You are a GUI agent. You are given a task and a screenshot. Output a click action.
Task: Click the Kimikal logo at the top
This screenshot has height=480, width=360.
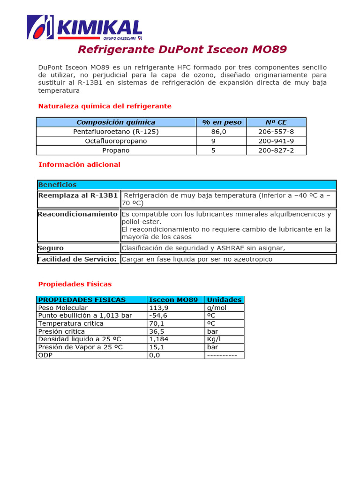[84, 27]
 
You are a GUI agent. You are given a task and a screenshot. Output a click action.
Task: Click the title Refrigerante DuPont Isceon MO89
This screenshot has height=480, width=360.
[182, 50]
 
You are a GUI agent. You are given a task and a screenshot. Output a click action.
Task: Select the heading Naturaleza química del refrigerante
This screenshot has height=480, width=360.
[105, 106]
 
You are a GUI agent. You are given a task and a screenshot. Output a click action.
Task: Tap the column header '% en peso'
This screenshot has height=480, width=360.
[222, 122]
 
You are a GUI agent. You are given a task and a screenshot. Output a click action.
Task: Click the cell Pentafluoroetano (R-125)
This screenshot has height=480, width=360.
[116, 132]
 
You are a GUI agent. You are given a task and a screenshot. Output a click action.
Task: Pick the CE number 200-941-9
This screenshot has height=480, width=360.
[276, 141]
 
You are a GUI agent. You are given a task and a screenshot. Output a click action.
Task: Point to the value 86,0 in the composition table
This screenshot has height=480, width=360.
[218, 132]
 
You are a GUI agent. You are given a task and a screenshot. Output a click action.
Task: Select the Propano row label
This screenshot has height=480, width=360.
[116, 150]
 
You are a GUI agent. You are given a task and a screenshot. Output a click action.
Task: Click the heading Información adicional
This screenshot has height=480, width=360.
[79, 165]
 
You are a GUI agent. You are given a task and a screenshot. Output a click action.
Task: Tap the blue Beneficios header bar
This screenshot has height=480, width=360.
[187, 185]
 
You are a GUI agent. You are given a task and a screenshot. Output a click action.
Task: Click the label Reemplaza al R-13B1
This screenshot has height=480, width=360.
[78, 195]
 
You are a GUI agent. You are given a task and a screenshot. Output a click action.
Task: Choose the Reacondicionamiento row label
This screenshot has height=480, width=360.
[77, 214]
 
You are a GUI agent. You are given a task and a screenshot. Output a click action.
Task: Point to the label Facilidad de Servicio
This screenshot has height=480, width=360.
[77, 259]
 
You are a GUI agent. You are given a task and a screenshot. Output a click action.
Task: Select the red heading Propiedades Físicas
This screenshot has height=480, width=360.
[75, 284]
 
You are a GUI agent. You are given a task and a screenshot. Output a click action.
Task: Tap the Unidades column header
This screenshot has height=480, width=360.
[224, 300]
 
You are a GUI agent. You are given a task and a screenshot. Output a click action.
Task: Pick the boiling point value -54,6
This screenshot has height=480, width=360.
[157, 315]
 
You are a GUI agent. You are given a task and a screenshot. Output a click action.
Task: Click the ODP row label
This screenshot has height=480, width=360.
[45, 355]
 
